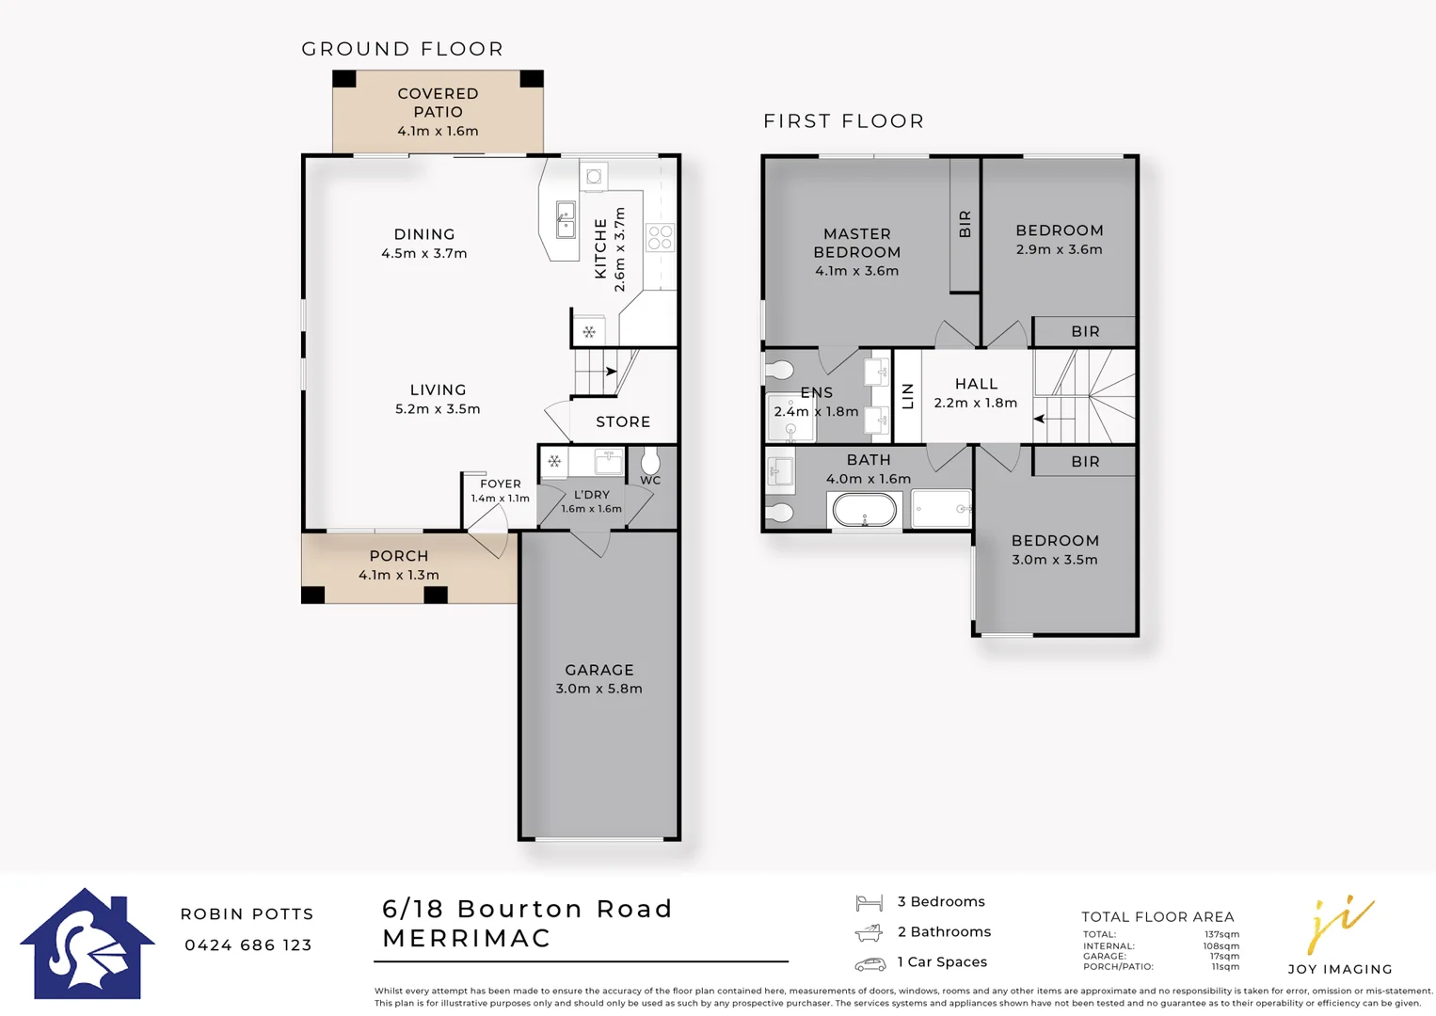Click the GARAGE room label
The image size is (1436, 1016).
tap(599, 670)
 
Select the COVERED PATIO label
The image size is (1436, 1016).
tap(438, 102)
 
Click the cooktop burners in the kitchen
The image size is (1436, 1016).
tap(660, 237)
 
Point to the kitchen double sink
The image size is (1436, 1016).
tap(566, 220)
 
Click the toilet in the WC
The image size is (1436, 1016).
tap(650, 461)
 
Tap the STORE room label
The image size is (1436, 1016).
tap(623, 421)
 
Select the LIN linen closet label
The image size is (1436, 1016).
tap(908, 396)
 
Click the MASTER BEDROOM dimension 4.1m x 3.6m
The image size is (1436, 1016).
tap(856, 271)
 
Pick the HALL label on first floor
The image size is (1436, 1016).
tap(976, 384)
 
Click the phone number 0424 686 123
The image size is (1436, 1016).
tap(248, 945)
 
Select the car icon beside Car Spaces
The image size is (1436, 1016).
tap(870, 963)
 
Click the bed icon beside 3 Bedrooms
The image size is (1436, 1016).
tap(869, 903)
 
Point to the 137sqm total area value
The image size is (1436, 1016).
tap(1221, 934)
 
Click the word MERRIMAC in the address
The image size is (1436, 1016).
tap(467, 938)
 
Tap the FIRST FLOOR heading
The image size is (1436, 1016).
tap(843, 120)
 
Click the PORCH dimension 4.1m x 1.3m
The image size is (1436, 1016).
tap(399, 575)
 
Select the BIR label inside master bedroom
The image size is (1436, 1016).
tap(965, 224)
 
